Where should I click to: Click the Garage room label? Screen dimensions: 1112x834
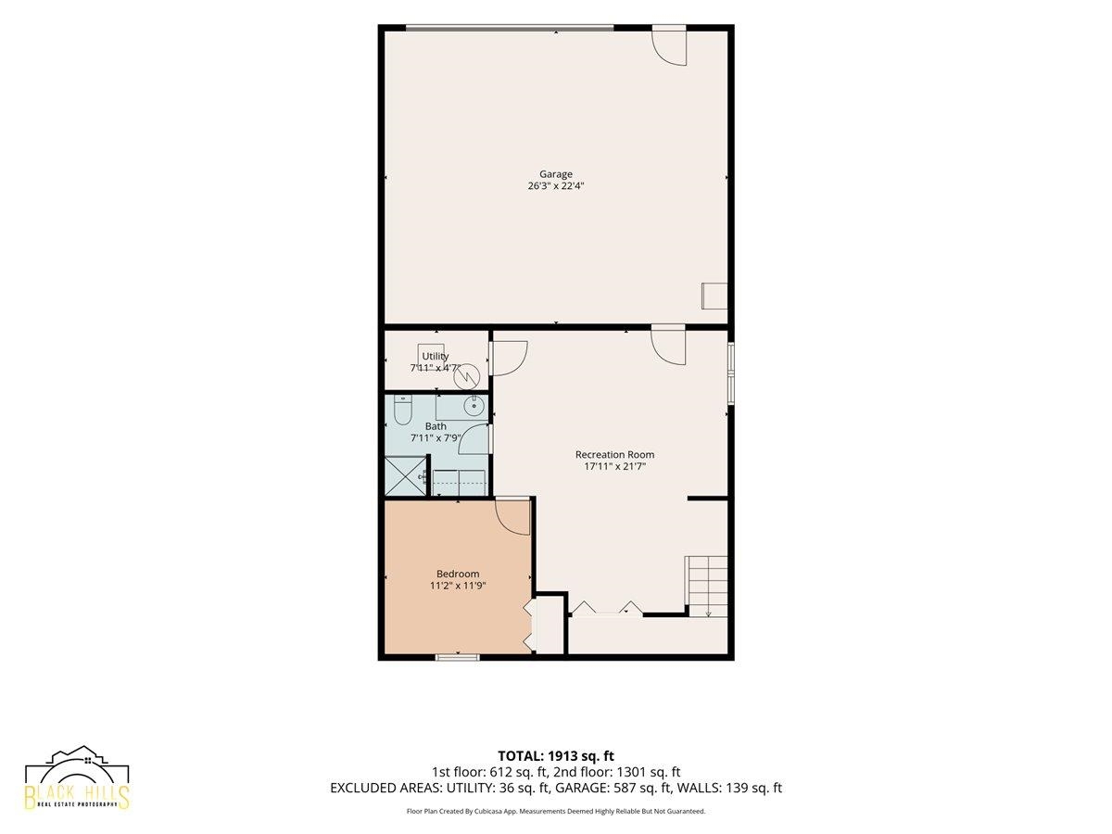pos(556,174)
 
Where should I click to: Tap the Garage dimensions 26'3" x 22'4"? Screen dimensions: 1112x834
pos(556,186)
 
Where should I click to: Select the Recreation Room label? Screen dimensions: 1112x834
pos(614,455)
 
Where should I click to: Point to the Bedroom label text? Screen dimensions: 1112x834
pos(458,574)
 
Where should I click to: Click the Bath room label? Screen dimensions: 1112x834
pos(436,426)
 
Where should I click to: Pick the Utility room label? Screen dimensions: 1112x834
pos(436,356)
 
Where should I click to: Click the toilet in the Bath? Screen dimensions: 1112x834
pos(403,411)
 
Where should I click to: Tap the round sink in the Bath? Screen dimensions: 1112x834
pos(474,405)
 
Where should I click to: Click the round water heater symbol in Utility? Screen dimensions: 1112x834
pos(466,377)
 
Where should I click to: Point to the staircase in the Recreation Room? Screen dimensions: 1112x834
pos(706,587)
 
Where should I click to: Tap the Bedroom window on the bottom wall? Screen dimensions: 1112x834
pos(458,657)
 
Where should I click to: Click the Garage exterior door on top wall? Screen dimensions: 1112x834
pos(669,45)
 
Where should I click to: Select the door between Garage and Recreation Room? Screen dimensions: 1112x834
pos(668,346)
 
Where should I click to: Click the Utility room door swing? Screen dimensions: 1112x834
pos(508,359)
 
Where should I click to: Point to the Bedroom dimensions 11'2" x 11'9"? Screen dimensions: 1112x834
pos(458,586)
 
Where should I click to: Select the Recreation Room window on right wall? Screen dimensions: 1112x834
pos(731,373)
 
